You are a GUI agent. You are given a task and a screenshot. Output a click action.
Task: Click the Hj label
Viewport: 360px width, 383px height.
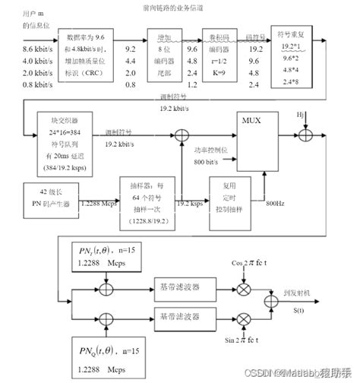300,115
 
